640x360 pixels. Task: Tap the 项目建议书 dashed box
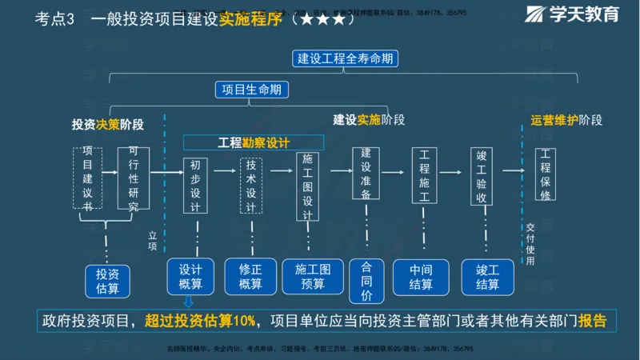click(x=88, y=178)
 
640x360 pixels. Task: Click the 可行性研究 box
click(x=133, y=178)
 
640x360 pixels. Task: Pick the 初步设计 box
click(x=195, y=185)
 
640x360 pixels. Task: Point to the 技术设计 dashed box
click(x=251, y=185)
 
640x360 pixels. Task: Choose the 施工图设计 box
click(x=308, y=186)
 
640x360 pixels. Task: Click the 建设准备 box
click(x=366, y=173)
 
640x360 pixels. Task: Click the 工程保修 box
click(x=546, y=173)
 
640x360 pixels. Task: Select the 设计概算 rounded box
click(x=190, y=277)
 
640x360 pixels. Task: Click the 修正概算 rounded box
click(x=250, y=277)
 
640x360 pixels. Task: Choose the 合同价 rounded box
click(x=367, y=280)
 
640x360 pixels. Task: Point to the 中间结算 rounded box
click(x=421, y=277)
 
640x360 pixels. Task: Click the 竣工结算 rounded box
click(x=487, y=277)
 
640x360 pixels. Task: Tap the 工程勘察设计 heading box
click(x=254, y=142)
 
